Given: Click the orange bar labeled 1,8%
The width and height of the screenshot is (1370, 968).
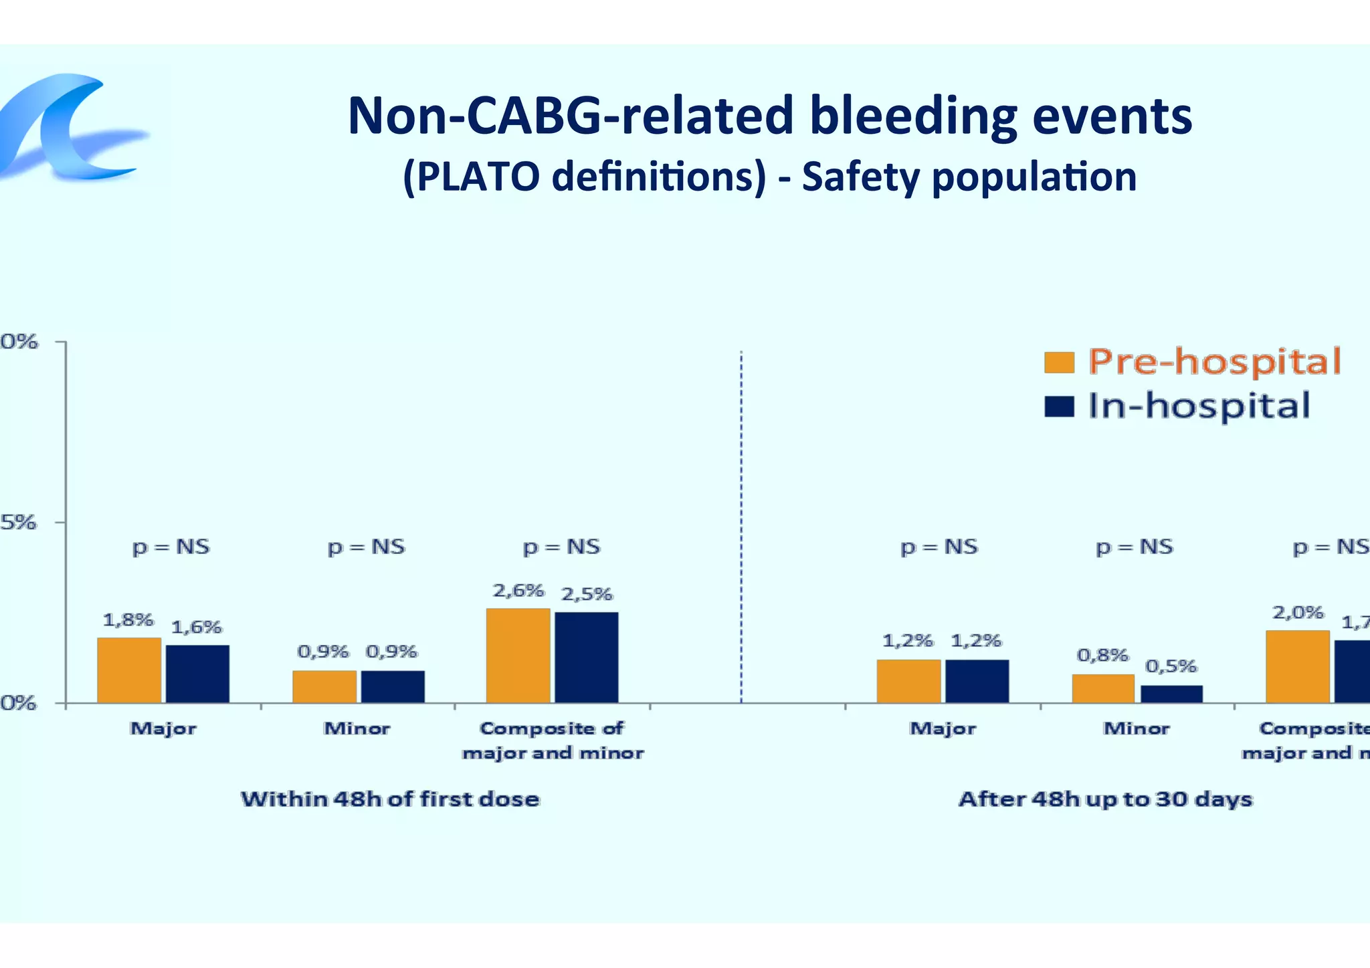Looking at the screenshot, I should tap(129, 670).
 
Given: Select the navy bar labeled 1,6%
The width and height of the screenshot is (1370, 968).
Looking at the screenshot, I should tap(197, 674).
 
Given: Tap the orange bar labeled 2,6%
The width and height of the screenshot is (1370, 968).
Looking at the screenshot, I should tap(518, 655).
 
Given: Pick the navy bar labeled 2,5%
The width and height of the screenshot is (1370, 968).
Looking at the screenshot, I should tap(587, 657).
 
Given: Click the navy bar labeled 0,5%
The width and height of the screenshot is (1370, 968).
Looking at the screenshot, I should tap(1171, 694).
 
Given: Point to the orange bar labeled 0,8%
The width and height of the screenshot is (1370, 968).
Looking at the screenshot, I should tap(1103, 688).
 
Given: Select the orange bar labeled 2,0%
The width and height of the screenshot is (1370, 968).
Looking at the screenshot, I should tap(1298, 666).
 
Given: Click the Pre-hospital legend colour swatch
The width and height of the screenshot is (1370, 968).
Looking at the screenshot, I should tap(1059, 363).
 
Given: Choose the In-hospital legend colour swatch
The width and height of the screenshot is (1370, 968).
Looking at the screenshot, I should tap(1059, 406).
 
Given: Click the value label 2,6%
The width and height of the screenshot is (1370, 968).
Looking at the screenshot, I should tap(518, 591).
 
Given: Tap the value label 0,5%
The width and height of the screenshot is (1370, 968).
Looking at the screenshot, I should tap(1171, 666).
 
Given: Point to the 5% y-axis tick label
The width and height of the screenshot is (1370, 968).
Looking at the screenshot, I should tap(19, 522).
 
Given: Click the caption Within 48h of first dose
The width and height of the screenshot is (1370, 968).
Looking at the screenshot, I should tap(390, 799).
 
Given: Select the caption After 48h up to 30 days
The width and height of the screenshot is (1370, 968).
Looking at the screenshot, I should tap(1105, 799).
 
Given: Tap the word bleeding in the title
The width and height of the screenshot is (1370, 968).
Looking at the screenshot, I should tap(913, 116).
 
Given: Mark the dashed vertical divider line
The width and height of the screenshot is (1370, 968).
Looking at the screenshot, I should tap(741, 522).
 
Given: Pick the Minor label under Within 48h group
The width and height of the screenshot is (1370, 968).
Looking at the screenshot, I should tap(357, 728).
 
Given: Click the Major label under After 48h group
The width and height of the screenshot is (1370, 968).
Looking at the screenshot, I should tap(943, 728).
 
